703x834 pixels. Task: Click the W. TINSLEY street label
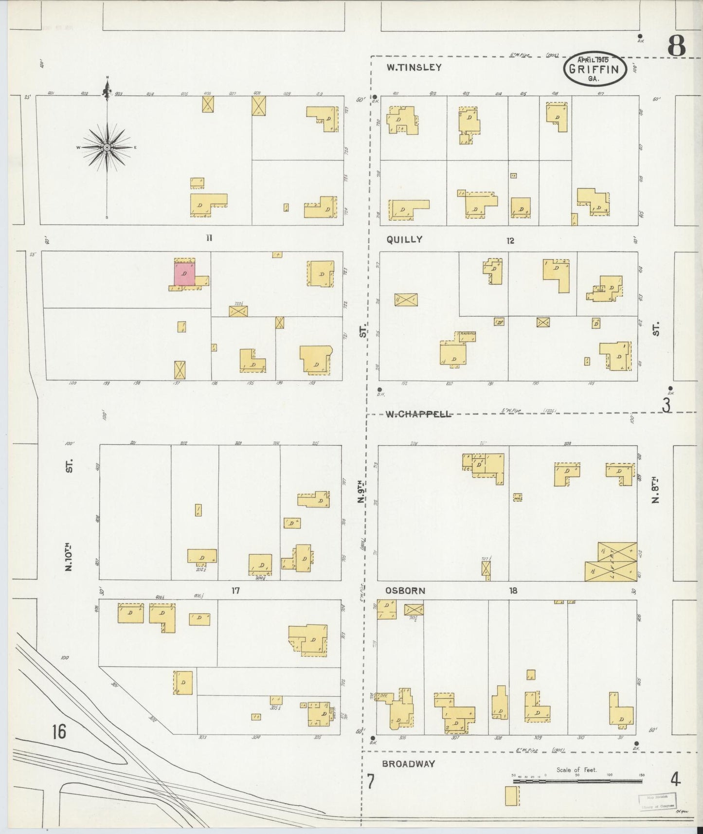(414, 68)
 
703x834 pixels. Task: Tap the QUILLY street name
(404, 239)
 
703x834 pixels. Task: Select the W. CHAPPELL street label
(418, 415)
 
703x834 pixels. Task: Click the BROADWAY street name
(408, 764)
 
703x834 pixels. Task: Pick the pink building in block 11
(184, 274)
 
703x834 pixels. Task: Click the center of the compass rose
(107, 147)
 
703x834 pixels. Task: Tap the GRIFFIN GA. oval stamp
(594, 69)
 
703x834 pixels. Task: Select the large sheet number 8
(676, 46)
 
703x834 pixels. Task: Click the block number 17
(235, 591)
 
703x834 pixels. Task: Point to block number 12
(510, 240)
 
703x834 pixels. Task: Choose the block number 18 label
(513, 591)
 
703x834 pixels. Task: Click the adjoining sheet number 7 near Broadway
(371, 781)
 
